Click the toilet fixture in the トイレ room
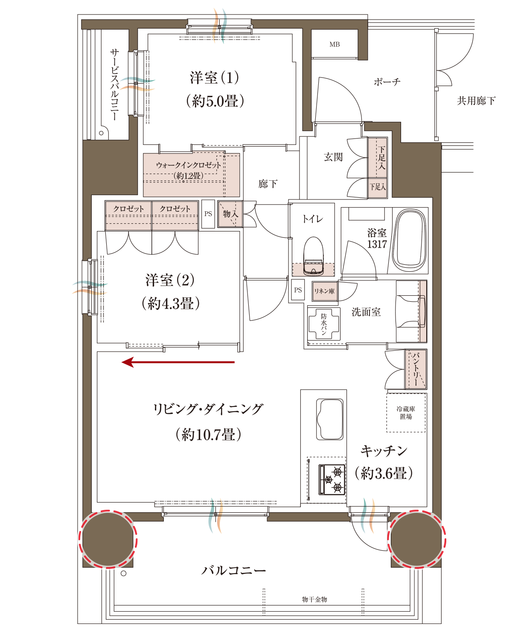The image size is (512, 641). [313, 256]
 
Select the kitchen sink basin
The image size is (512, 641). [329, 419]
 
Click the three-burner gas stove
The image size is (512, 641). [332, 479]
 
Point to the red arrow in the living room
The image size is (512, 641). [178, 362]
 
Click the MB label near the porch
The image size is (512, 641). [334, 44]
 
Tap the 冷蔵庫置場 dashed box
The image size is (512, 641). [406, 413]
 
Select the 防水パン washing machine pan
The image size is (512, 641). [324, 324]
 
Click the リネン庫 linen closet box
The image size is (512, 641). [324, 291]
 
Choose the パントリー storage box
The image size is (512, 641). [416, 369]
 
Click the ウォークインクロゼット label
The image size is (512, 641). [189, 165]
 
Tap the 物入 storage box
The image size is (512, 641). [230, 214]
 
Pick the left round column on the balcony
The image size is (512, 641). [108, 540]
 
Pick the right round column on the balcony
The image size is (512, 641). [416, 540]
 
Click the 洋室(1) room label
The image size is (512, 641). [214, 78]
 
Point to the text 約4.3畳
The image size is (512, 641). [171, 304]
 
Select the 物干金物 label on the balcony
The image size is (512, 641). [314, 599]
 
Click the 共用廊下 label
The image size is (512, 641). [476, 101]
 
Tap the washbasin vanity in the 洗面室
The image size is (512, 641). [411, 311]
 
